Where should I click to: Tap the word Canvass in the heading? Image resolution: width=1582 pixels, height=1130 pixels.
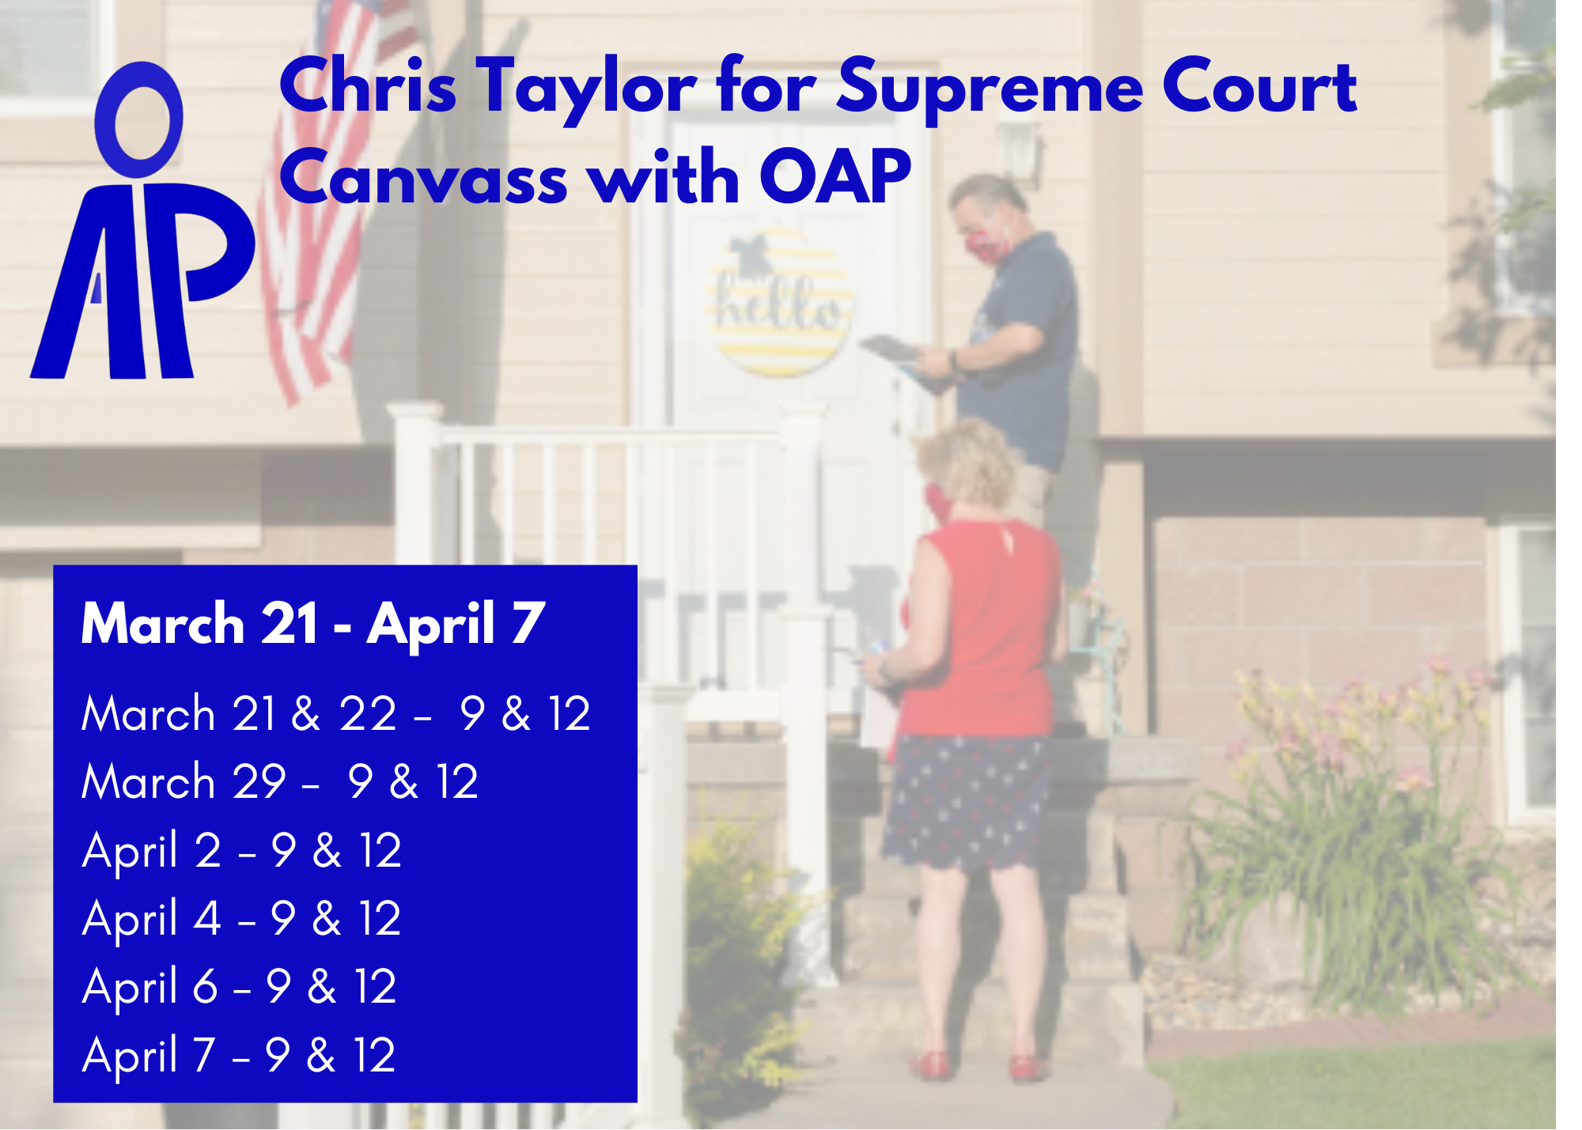click(423, 178)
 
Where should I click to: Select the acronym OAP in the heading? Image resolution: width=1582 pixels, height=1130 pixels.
click(835, 178)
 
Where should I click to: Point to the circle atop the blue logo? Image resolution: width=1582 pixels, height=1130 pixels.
click(139, 120)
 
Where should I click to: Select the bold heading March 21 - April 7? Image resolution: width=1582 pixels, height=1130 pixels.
click(313, 624)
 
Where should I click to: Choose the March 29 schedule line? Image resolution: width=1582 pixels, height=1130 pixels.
click(280, 782)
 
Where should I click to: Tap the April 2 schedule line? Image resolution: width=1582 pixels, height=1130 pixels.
click(242, 851)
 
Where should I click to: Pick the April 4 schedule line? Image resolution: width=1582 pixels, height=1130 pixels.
click(242, 919)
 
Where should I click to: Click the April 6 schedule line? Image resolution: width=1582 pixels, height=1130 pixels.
click(240, 987)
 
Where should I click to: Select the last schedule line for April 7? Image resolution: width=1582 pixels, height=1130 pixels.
click(239, 1055)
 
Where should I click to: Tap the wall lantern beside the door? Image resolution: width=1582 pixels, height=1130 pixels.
click(1020, 150)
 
